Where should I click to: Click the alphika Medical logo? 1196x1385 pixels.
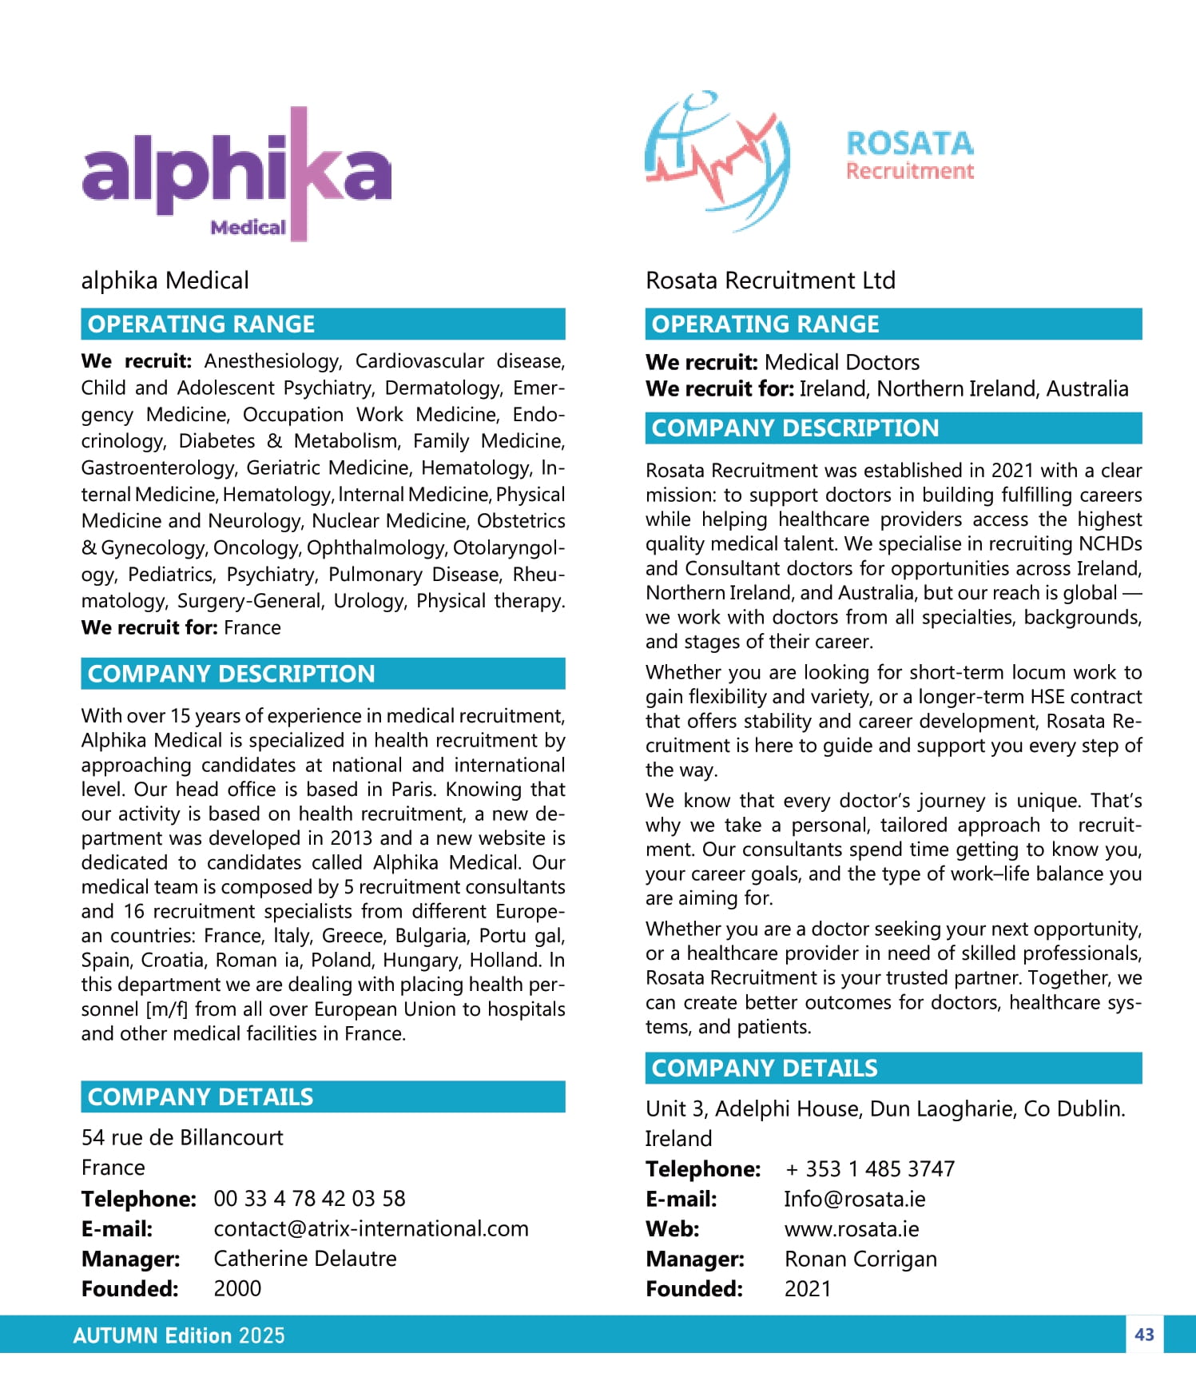point(236,174)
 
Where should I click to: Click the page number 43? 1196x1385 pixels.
point(1144,1334)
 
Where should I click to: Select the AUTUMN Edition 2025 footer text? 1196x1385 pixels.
point(179,1335)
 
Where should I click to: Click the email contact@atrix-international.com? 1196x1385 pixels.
point(371,1228)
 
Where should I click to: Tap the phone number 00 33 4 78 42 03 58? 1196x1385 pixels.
point(309,1198)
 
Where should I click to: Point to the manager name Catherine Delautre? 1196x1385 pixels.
point(304,1259)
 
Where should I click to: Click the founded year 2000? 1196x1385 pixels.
point(237,1288)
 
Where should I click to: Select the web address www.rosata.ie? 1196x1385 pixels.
point(852,1228)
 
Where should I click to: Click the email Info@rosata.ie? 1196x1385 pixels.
point(854,1199)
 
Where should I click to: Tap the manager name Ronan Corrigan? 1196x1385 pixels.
point(860,1259)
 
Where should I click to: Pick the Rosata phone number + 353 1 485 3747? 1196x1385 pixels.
point(870,1168)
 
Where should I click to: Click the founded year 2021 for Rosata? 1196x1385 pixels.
point(808,1288)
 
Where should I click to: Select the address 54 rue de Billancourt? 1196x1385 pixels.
point(182,1137)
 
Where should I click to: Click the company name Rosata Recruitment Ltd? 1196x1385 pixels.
point(770,281)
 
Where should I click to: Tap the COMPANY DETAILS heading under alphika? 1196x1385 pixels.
point(201,1096)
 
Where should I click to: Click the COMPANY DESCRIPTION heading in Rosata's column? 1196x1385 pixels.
point(795,428)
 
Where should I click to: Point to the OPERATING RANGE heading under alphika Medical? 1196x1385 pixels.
point(201,324)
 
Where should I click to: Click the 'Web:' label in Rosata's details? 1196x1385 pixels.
point(672,1228)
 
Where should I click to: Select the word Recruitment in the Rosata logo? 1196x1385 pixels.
point(909,171)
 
